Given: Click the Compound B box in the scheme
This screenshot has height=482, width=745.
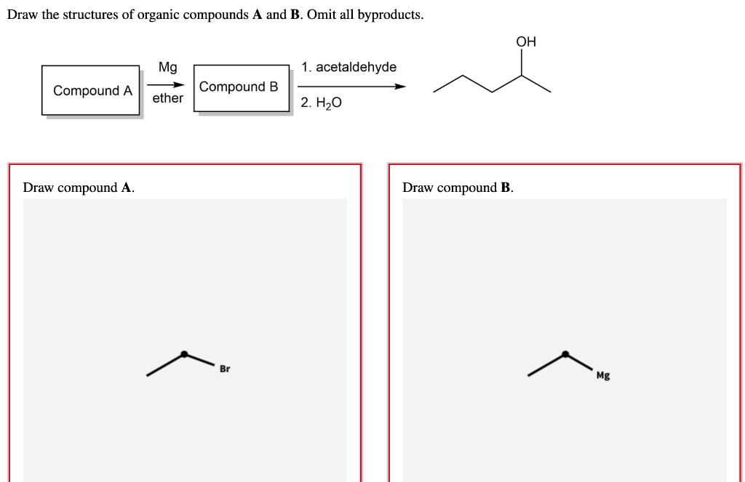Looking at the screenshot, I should tap(240, 87).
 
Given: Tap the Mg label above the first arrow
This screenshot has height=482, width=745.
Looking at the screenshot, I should tap(167, 68).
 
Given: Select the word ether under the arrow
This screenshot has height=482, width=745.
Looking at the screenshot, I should tap(167, 98).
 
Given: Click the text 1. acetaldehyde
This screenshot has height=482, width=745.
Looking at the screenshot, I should tap(349, 68).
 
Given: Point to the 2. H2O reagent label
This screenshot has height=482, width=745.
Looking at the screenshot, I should tap(321, 103).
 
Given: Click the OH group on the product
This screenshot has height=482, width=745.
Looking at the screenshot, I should tap(526, 42).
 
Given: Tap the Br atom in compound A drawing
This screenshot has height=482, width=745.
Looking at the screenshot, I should tap(225, 369).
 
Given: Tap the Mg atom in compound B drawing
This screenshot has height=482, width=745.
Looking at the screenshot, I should tap(603, 376).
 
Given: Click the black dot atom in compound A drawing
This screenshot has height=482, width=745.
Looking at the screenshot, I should tap(184, 354).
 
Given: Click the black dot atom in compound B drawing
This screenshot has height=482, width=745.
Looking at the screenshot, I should tap(565, 354).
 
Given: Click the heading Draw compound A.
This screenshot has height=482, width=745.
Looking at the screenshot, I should tap(79, 188).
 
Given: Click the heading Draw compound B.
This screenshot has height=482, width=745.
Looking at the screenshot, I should tap(458, 188).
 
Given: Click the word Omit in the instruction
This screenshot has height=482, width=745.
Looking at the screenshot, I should tap(322, 15).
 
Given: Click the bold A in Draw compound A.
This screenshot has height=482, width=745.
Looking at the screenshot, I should tap(127, 188).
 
